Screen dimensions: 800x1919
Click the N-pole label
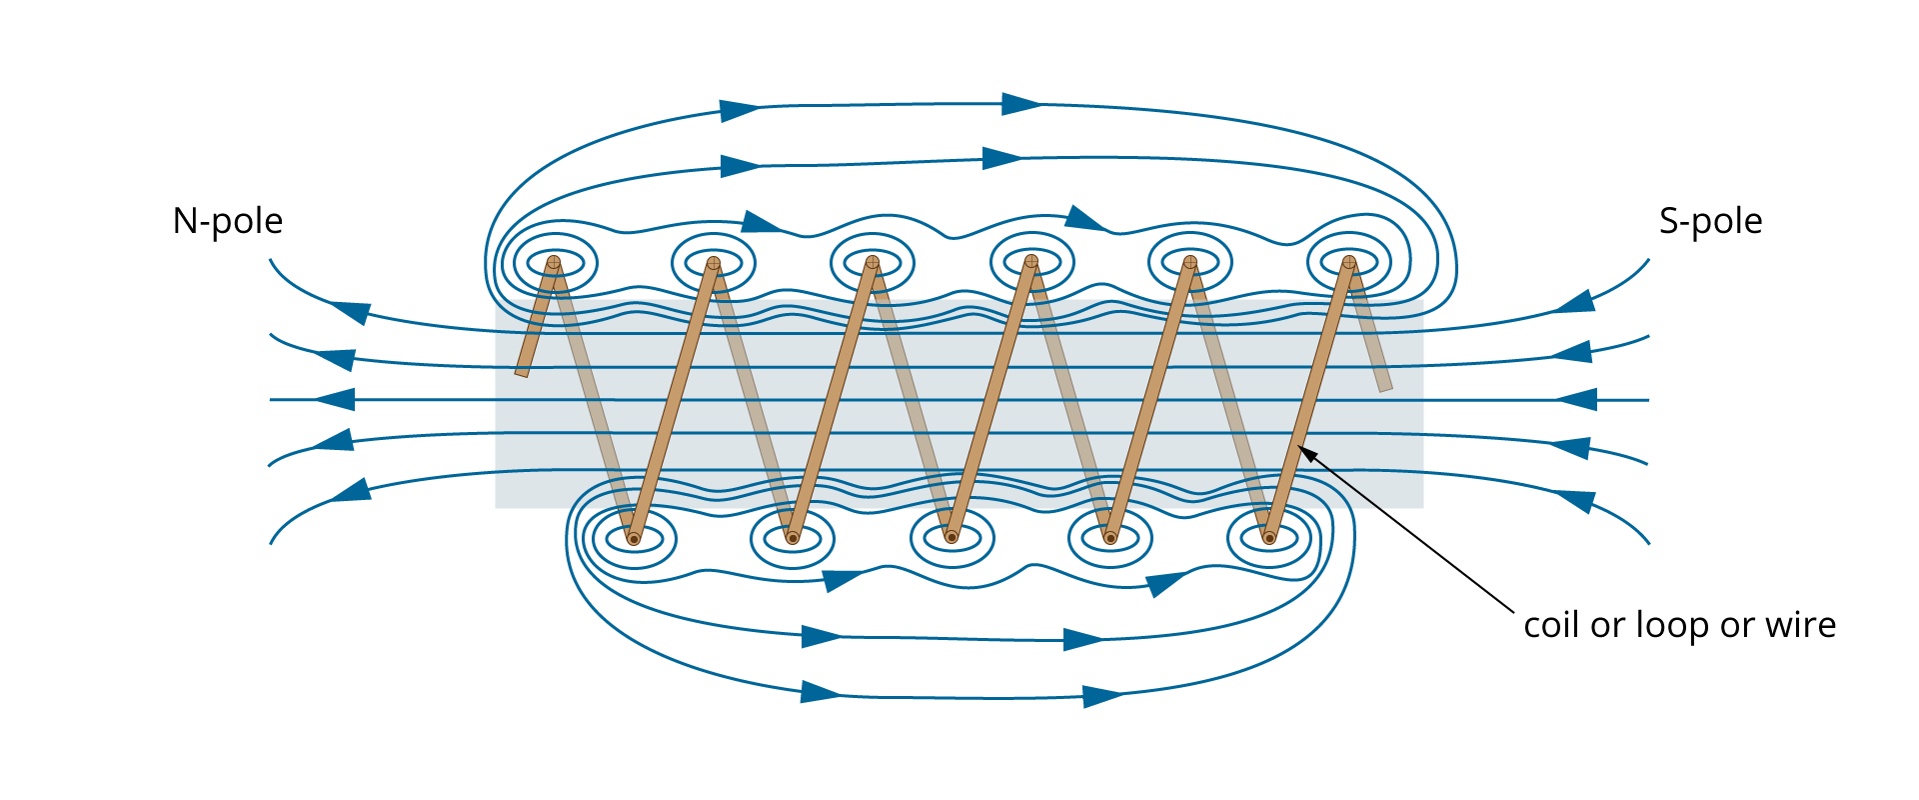point(228,221)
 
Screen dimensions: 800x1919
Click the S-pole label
point(1710,221)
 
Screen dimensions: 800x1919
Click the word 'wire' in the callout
point(1800,625)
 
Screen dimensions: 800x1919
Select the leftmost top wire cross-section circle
point(554,262)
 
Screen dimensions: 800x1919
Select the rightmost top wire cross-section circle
point(1348,262)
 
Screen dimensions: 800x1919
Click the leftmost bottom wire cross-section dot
point(634,539)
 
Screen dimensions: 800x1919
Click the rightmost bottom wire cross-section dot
point(1269,538)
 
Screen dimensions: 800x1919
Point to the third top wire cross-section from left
point(872,262)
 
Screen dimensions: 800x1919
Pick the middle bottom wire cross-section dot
point(952,538)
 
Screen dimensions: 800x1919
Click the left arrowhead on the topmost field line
point(741,109)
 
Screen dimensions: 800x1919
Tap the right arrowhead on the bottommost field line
point(1103,696)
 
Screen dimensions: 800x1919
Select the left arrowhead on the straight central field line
point(336,400)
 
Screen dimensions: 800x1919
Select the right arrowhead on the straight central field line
point(1577,400)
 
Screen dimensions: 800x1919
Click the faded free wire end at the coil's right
point(1384,385)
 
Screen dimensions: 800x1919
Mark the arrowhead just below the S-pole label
point(1575,300)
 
